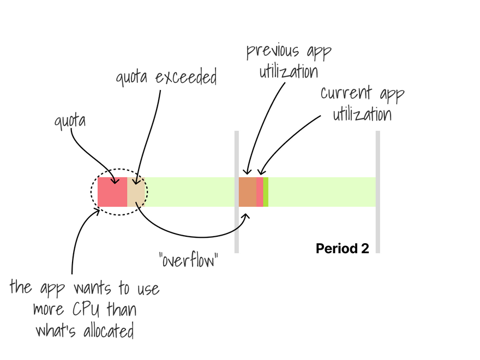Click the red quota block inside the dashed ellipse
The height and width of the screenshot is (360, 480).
[112, 192]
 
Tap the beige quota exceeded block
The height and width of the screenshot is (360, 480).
[136, 192]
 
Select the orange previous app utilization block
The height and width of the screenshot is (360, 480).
[248, 192]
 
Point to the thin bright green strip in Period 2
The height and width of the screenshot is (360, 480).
[266, 192]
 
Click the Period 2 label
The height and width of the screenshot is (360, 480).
[342, 249]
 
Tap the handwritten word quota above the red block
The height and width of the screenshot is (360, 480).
[70, 120]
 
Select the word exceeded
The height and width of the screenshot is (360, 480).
[186, 78]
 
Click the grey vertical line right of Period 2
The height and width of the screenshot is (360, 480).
[377, 192]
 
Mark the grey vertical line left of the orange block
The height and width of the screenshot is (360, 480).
[237, 192]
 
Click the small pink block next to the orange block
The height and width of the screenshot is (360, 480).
[260, 192]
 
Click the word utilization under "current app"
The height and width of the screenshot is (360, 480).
[362, 115]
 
